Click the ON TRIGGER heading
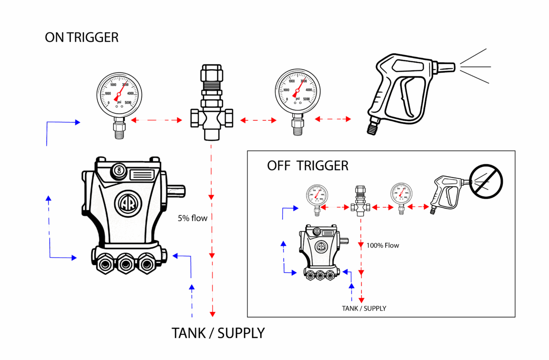(x=81, y=38)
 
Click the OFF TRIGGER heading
(x=307, y=166)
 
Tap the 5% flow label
(x=193, y=218)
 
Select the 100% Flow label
(x=382, y=246)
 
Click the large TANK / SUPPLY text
(x=218, y=333)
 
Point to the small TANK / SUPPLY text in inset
(x=364, y=308)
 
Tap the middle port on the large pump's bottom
(x=124, y=264)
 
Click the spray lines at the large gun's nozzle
(x=475, y=67)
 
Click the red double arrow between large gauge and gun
(x=333, y=119)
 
